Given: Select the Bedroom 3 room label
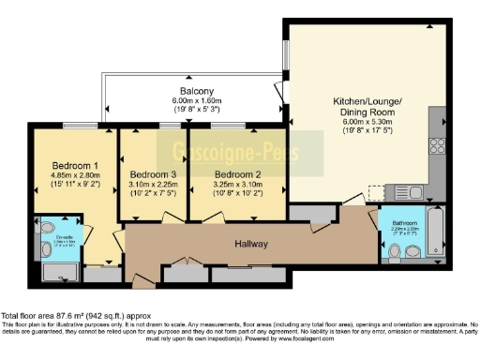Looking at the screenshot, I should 151,174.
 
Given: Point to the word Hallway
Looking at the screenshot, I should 251,244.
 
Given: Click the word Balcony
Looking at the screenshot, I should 195,91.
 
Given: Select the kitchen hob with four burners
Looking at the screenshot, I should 437,145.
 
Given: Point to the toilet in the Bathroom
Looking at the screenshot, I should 395,250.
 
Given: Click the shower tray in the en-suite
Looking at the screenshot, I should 62,272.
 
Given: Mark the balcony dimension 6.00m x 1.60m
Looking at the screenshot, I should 195,100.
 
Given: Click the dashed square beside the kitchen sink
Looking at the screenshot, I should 377,191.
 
